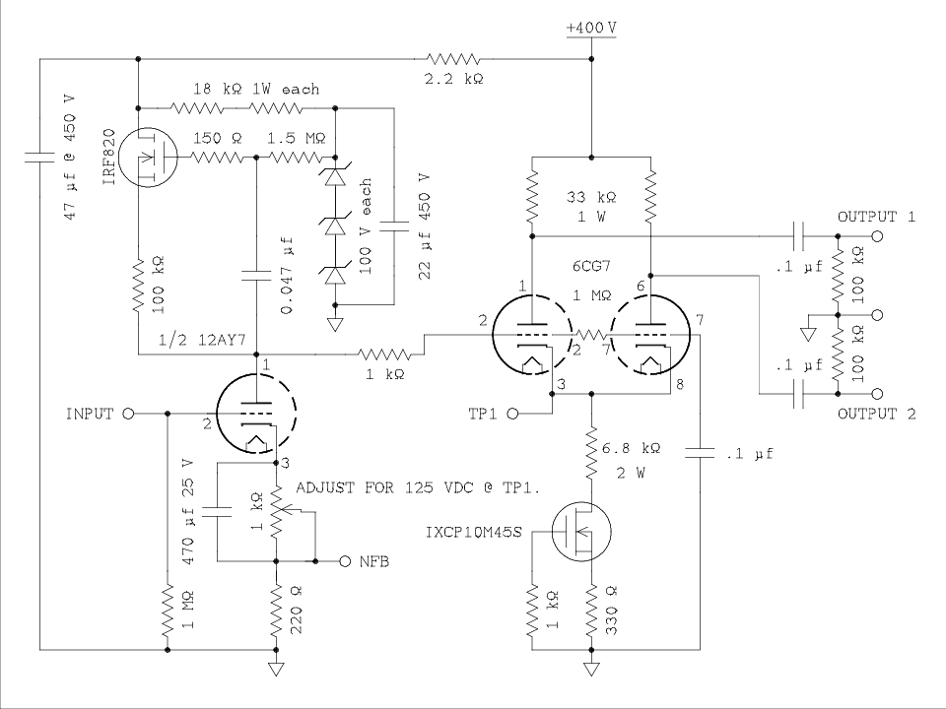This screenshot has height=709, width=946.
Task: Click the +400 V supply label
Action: pos(592,29)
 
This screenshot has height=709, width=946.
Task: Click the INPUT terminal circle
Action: pos(127,415)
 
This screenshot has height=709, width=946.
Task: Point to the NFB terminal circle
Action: pos(345,561)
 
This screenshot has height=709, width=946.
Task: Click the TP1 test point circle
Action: pos(512,416)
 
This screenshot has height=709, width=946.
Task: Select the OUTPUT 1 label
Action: pos(876,217)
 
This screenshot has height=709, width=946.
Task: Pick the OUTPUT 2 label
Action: pos(876,415)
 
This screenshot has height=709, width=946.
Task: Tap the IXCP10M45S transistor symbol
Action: pos(580,533)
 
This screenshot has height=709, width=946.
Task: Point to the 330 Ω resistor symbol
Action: pos(591,615)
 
